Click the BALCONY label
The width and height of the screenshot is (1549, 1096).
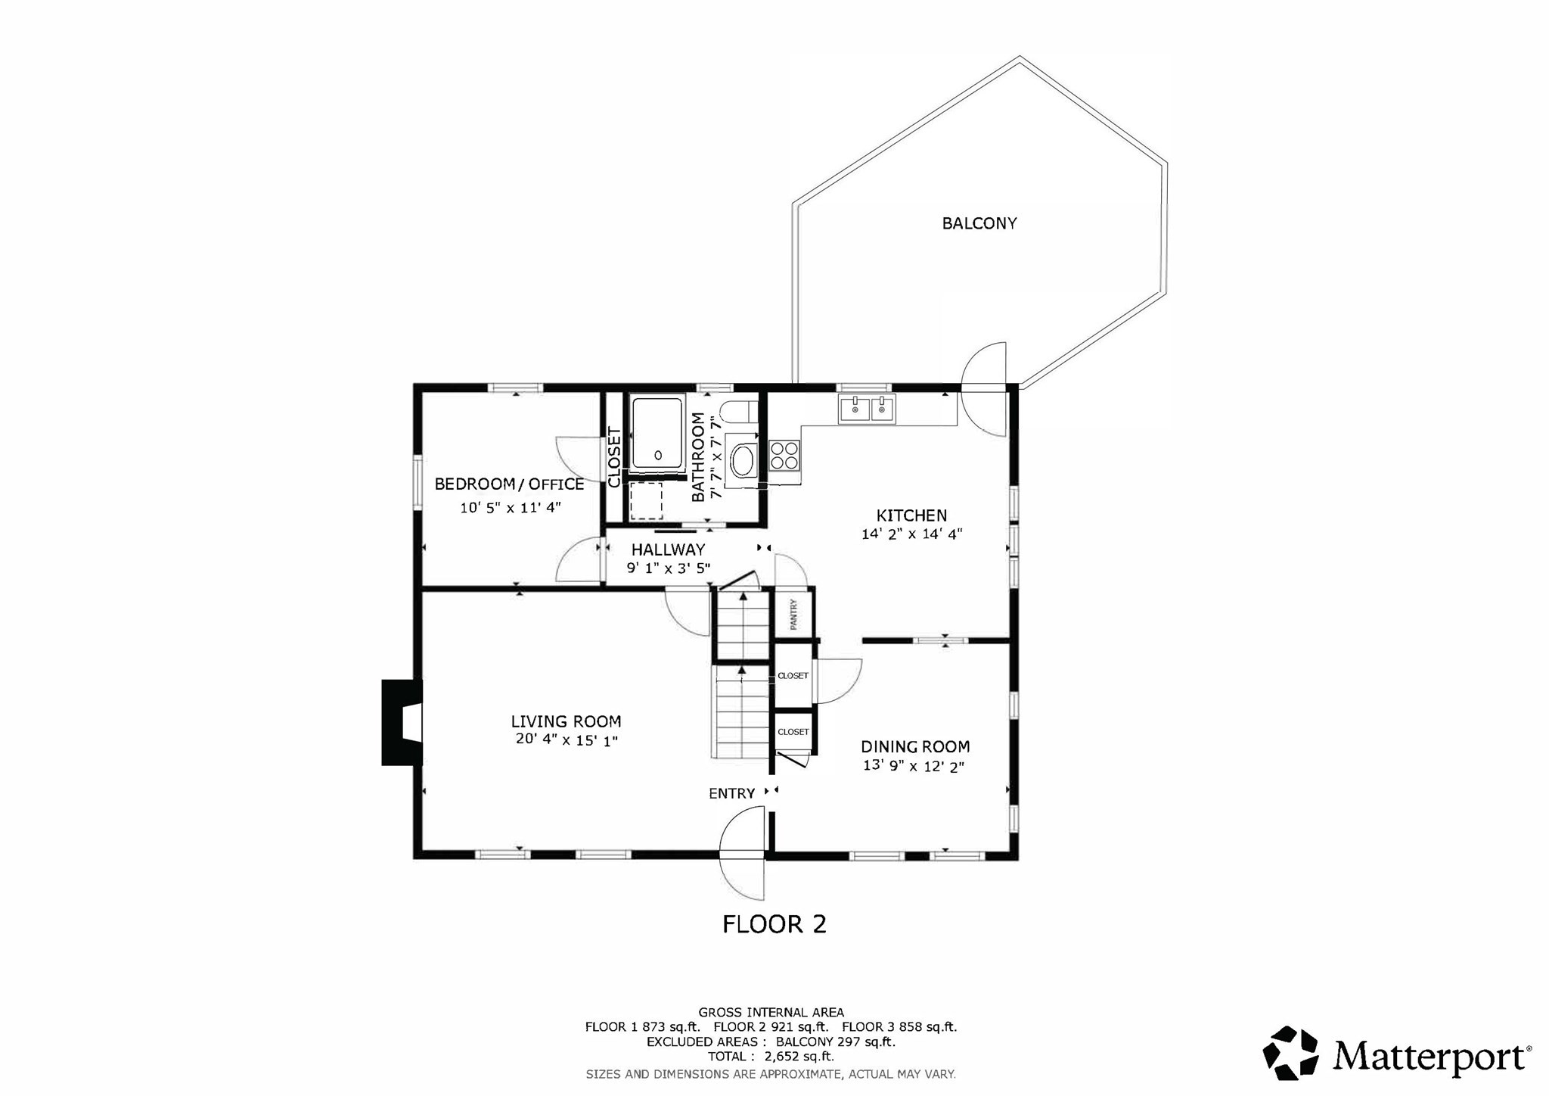pyautogui.click(x=979, y=223)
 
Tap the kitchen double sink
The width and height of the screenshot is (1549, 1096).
pyautogui.click(x=866, y=409)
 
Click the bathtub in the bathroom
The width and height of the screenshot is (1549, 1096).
pyautogui.click(x=657, y=433)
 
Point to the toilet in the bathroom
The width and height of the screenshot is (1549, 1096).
pyautogui.click(x=738, y=413)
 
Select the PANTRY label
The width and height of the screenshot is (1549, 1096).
pyautogui.click(x=794, y=614)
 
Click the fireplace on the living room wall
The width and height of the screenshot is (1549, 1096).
pyautogui.click(x=401, y=722)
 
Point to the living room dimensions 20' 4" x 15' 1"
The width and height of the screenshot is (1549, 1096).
pyautogui.click(x=567, y=740)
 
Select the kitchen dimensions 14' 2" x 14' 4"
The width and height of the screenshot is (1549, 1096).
pyautogui.click(x=911, y=534)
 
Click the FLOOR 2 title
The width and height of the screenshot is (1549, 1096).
pyautogui.click(x=774, y=924)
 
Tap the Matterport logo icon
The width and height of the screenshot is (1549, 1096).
pyautogui.click(x=1290, y=1052)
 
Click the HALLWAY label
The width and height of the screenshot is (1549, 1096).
pyautogui.click(x=668, y=550)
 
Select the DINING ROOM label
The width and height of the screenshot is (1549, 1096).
pyautogui.click(x=915, y=747)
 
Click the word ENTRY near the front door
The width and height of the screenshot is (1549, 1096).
pyautogui.click(x=731, y=793)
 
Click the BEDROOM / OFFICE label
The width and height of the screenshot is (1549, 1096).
pyautogui.click(x=509, y=484)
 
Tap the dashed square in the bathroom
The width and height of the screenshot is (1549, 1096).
pyautogui.click(x=646, y=500)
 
